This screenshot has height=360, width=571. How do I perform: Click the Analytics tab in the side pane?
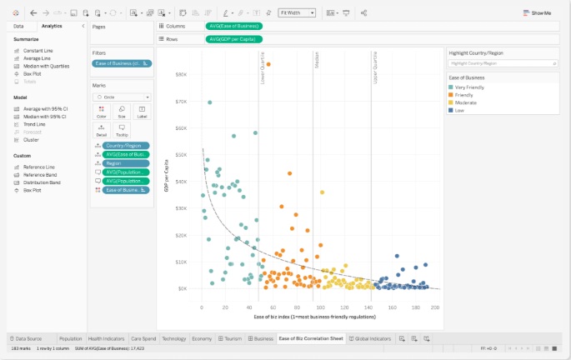[52, 26]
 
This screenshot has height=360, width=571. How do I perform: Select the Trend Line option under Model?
[34, 123]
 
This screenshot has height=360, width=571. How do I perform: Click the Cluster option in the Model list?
[31, 139]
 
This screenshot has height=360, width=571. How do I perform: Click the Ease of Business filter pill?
[123, 63]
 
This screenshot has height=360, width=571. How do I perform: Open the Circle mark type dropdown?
[122, 97]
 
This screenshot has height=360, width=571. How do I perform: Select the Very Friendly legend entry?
[468, 87]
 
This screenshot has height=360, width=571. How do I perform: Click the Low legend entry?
[458, 110]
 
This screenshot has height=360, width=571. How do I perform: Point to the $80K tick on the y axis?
[181, 75]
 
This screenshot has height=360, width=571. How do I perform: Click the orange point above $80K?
[268, 64]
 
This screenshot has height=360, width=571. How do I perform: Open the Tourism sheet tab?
[231, 339]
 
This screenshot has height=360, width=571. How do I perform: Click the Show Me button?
[538, 13]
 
